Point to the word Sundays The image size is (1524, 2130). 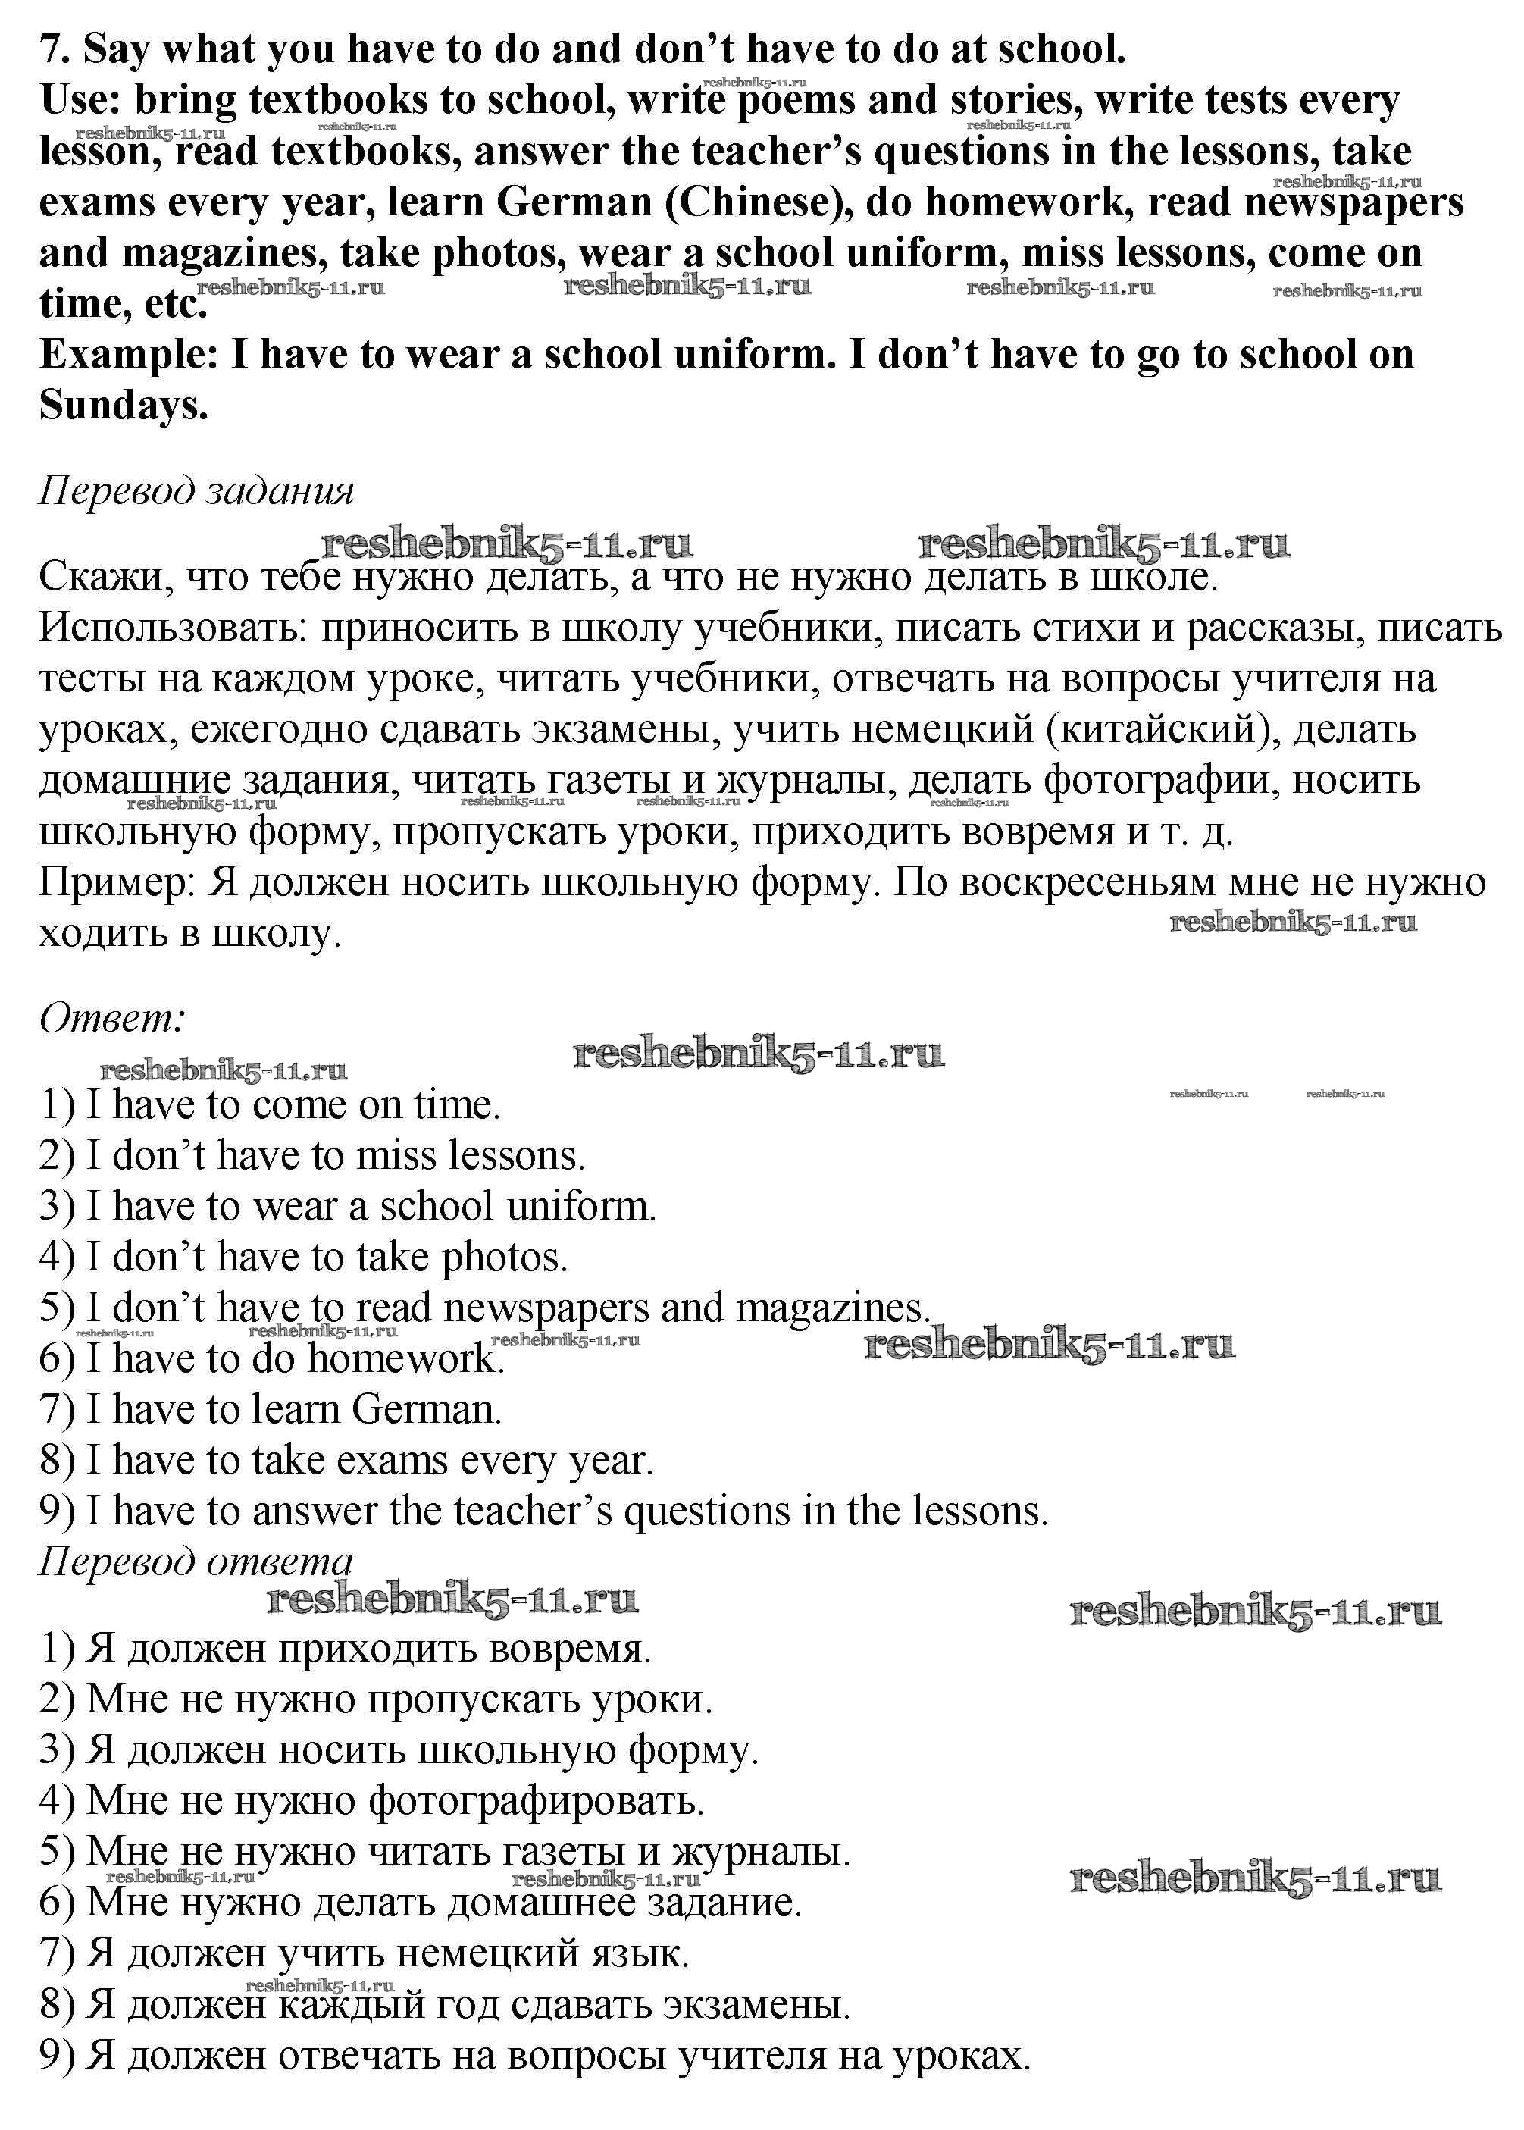[x=123, y=406]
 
